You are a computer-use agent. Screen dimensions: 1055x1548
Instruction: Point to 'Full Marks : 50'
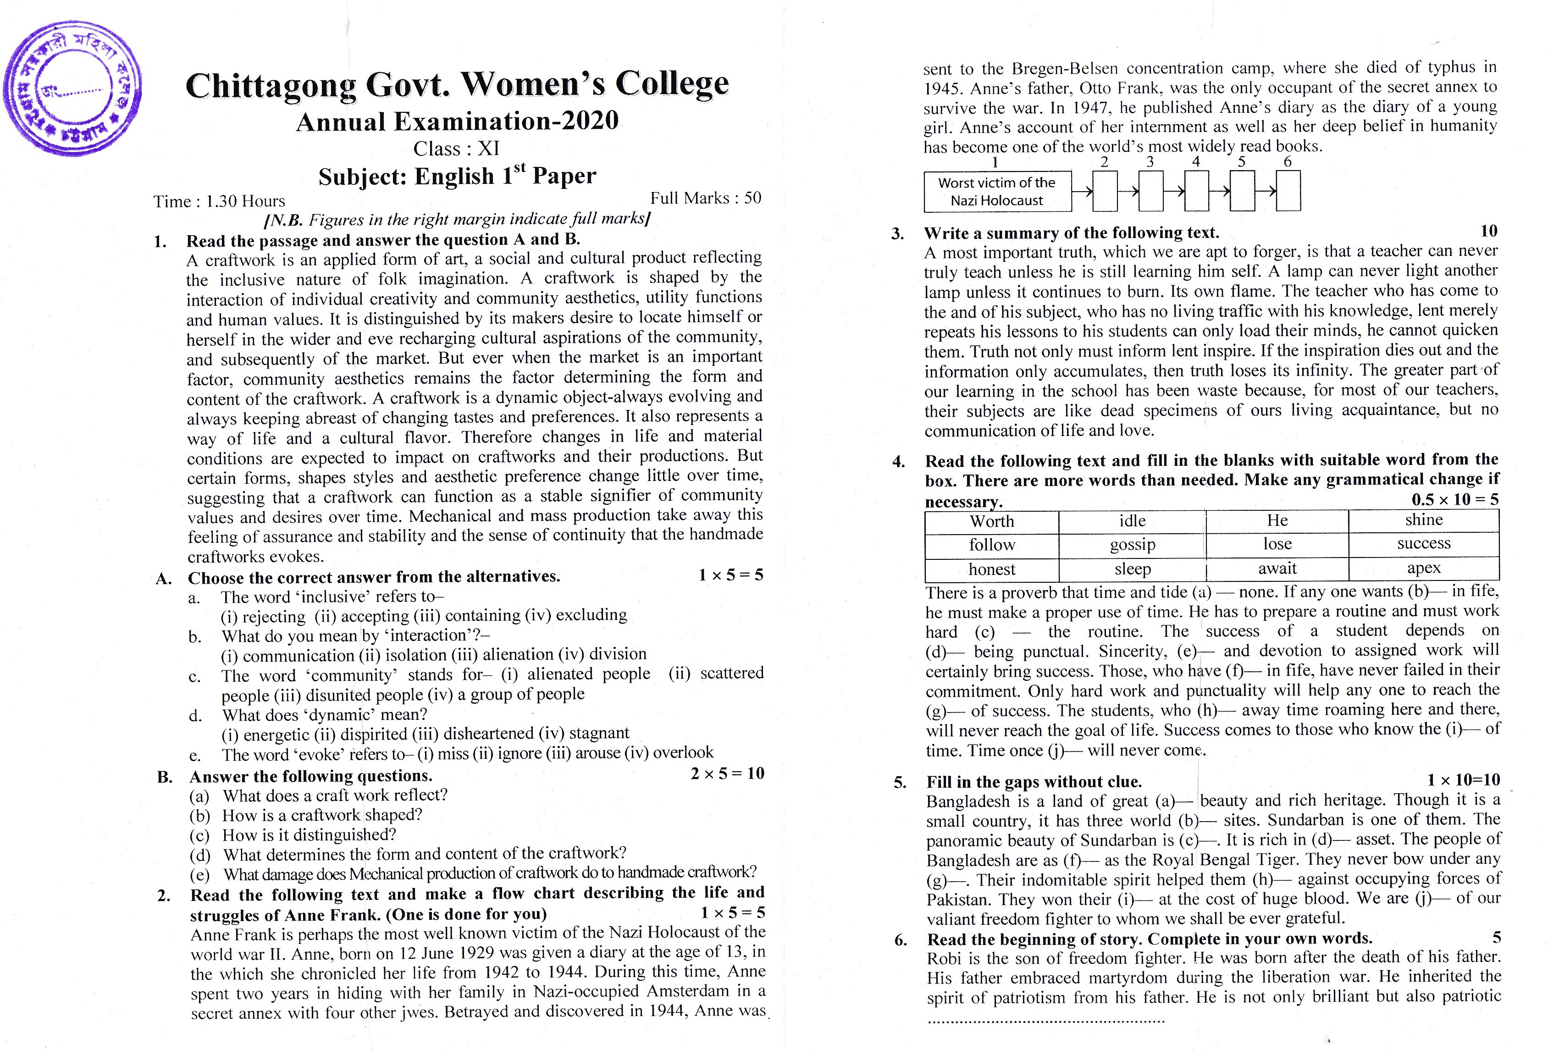[705, 198]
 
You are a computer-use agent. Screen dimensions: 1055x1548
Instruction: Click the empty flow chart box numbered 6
[1288, 191]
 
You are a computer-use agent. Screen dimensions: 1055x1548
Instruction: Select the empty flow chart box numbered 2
[1105, 191]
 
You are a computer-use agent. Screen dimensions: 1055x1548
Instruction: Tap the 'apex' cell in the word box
[1423, 568]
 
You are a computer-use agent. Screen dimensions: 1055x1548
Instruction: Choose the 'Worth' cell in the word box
[991, 521]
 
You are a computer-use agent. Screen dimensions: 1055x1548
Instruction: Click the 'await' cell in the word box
[1277, 568]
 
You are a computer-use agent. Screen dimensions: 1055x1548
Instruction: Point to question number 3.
[898, 234]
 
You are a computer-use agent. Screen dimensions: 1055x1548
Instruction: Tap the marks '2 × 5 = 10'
[727, 773]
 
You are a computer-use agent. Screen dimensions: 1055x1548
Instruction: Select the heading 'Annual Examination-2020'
[457, 122]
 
